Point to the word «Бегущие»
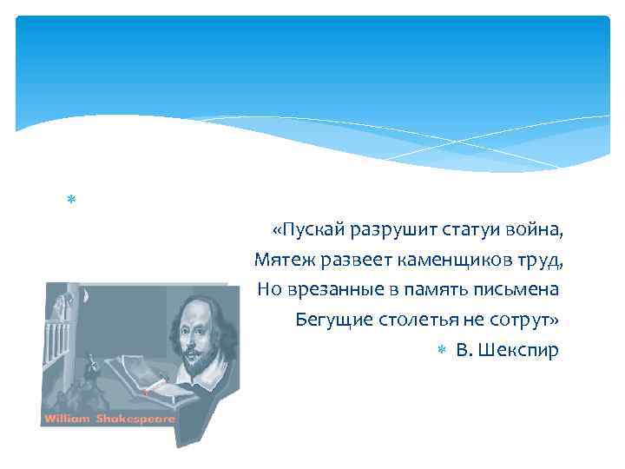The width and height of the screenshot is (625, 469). (328, 319)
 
